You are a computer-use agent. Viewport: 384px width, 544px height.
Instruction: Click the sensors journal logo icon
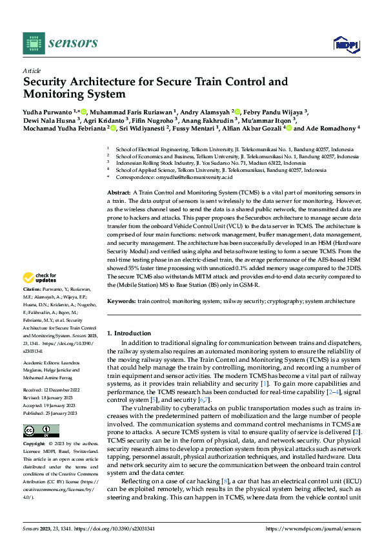pyautogui.click(x=34, y=43)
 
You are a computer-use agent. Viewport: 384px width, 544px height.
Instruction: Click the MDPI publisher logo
pyautogui.click(x=345, y=43)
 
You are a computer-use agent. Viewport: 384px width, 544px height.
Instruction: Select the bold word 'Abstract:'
pyautogui.click(x=119, y=193)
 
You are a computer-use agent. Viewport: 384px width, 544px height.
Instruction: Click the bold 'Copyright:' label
pyautogui.click(x=35, y=445)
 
